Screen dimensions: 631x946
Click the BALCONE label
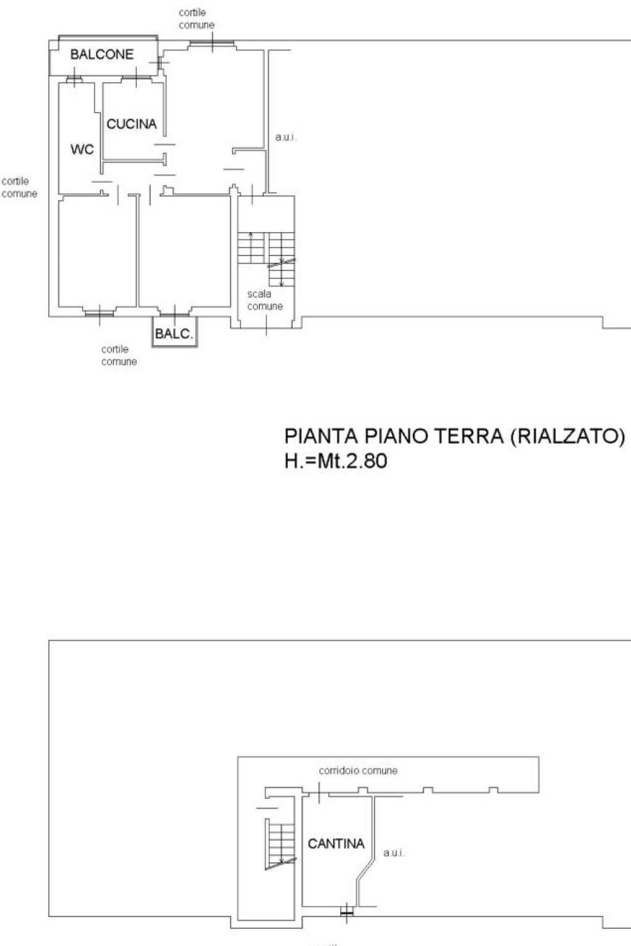pos(102,54)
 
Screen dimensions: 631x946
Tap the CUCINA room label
pos(131,124)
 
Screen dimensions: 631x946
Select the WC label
pos(82,149)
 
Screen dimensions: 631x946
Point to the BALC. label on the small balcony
pos(174,334)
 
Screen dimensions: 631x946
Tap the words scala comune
pos(265,300)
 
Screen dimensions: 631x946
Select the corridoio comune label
pos(358,770)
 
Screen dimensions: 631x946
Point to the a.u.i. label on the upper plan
pos(286,137)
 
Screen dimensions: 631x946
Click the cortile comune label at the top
pos(196,18)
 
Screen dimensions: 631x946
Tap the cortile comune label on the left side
pos(20,187)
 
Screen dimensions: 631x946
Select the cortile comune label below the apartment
pos(119,355)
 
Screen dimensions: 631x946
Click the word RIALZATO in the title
pos(568,436)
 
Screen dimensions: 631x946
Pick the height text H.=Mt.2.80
pos(336,460)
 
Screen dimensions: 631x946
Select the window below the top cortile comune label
pos(212,42)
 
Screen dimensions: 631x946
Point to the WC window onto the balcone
pos(74,79)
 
